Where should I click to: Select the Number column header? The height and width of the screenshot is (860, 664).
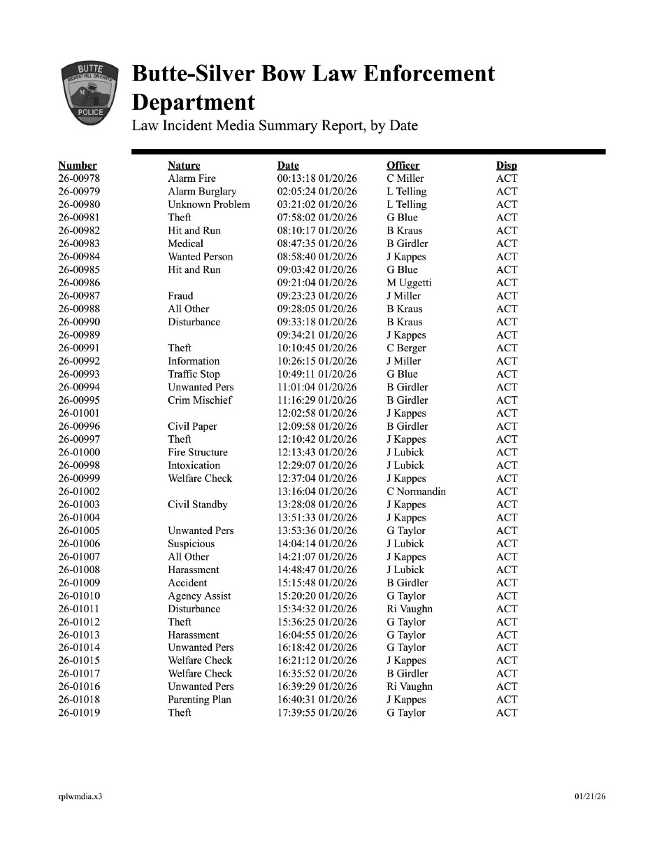78,166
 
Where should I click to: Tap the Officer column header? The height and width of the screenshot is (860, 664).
403,166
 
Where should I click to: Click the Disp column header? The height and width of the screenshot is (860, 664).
507,166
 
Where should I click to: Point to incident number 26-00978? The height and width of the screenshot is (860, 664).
79,178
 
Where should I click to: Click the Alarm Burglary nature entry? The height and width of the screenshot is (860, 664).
202,192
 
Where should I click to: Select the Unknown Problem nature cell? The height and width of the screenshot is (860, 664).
208,204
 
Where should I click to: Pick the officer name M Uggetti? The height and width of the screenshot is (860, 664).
409,283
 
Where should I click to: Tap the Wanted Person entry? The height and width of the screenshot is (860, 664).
200,257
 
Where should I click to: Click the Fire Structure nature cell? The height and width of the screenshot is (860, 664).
197,452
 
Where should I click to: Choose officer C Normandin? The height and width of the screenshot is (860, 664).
416,491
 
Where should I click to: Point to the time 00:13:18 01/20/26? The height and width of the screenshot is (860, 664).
317,178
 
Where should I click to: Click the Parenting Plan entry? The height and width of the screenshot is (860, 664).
199,700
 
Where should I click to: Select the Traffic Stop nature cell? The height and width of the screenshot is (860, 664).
194,374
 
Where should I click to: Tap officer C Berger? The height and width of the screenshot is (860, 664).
406,348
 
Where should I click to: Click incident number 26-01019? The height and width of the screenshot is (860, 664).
79,713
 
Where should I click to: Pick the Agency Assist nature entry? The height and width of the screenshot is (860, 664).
199,596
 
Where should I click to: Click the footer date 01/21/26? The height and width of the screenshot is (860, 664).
590,796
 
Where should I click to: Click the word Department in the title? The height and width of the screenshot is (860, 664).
194,103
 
